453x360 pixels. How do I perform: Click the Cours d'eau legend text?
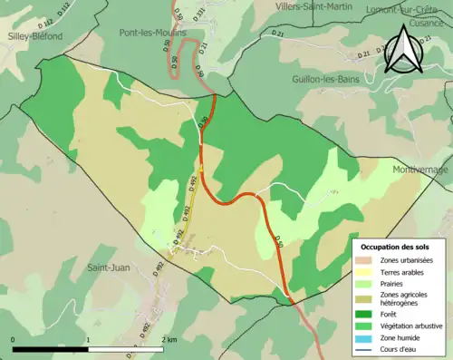(400, 350)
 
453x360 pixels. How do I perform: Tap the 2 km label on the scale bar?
(170, 339)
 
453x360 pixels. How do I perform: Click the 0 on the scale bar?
(13, 339)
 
